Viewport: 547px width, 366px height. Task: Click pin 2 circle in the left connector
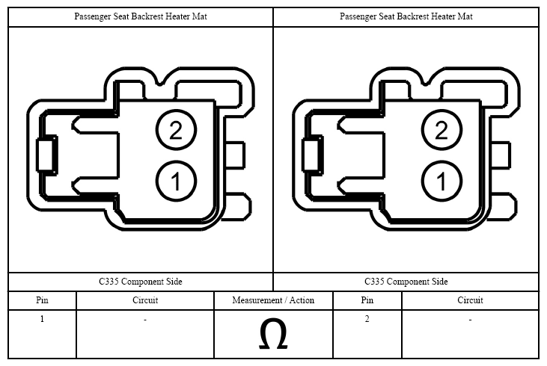click(x=176, y=130)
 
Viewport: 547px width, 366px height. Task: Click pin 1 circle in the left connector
click(x=176, y=181)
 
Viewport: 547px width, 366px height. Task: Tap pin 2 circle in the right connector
click(x=441, y=130)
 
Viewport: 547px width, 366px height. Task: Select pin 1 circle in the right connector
click(x=441, y=181)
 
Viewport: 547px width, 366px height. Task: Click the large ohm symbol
click(x=273, y=335)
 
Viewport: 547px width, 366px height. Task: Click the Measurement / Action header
click(x=273, y=300)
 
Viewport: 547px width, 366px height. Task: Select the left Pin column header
click(x=42, y=300)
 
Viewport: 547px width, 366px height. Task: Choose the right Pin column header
click(x=367, y=300)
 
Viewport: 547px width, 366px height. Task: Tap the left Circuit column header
click(x=145, y=300)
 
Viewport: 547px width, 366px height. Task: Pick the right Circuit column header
click(x=470, y=300)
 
